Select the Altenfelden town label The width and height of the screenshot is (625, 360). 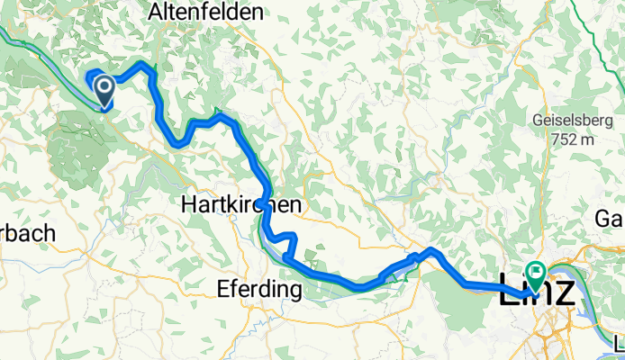click(x=206, y=13)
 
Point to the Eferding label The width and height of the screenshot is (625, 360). click(x=259, y=290)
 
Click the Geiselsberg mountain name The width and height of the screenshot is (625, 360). click(x=566, y=121)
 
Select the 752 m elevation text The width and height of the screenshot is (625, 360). click(x=570, y=139)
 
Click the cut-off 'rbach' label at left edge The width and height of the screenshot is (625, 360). click(x=27, y=233)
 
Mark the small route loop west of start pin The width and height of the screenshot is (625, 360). click(x=92, y=76)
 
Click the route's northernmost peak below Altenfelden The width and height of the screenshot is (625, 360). click(x=141, y=64)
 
